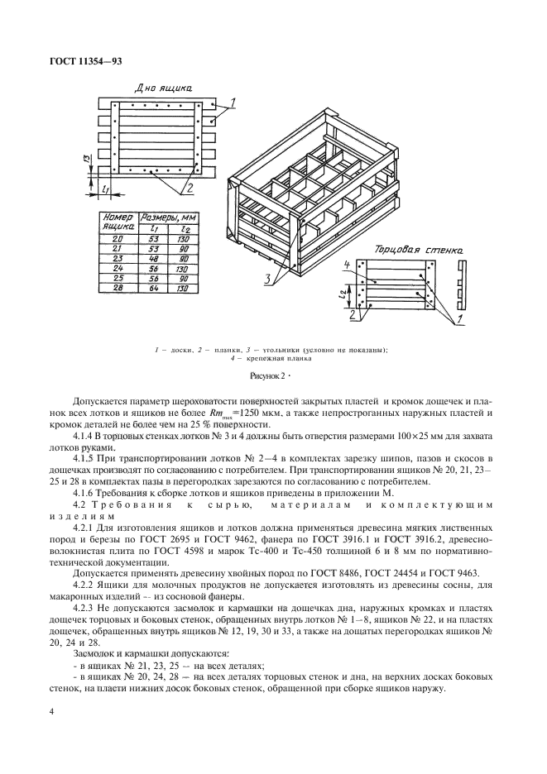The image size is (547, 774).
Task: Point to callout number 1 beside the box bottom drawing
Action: (x=233, y=102)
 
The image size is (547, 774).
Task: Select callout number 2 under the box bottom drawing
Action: (x=190, y=189)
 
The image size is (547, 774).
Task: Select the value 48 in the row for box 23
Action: (x=153, y=257)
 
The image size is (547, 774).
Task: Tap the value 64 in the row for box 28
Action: (x=153, y=289)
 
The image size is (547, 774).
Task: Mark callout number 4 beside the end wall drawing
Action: (x=348, y=264)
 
